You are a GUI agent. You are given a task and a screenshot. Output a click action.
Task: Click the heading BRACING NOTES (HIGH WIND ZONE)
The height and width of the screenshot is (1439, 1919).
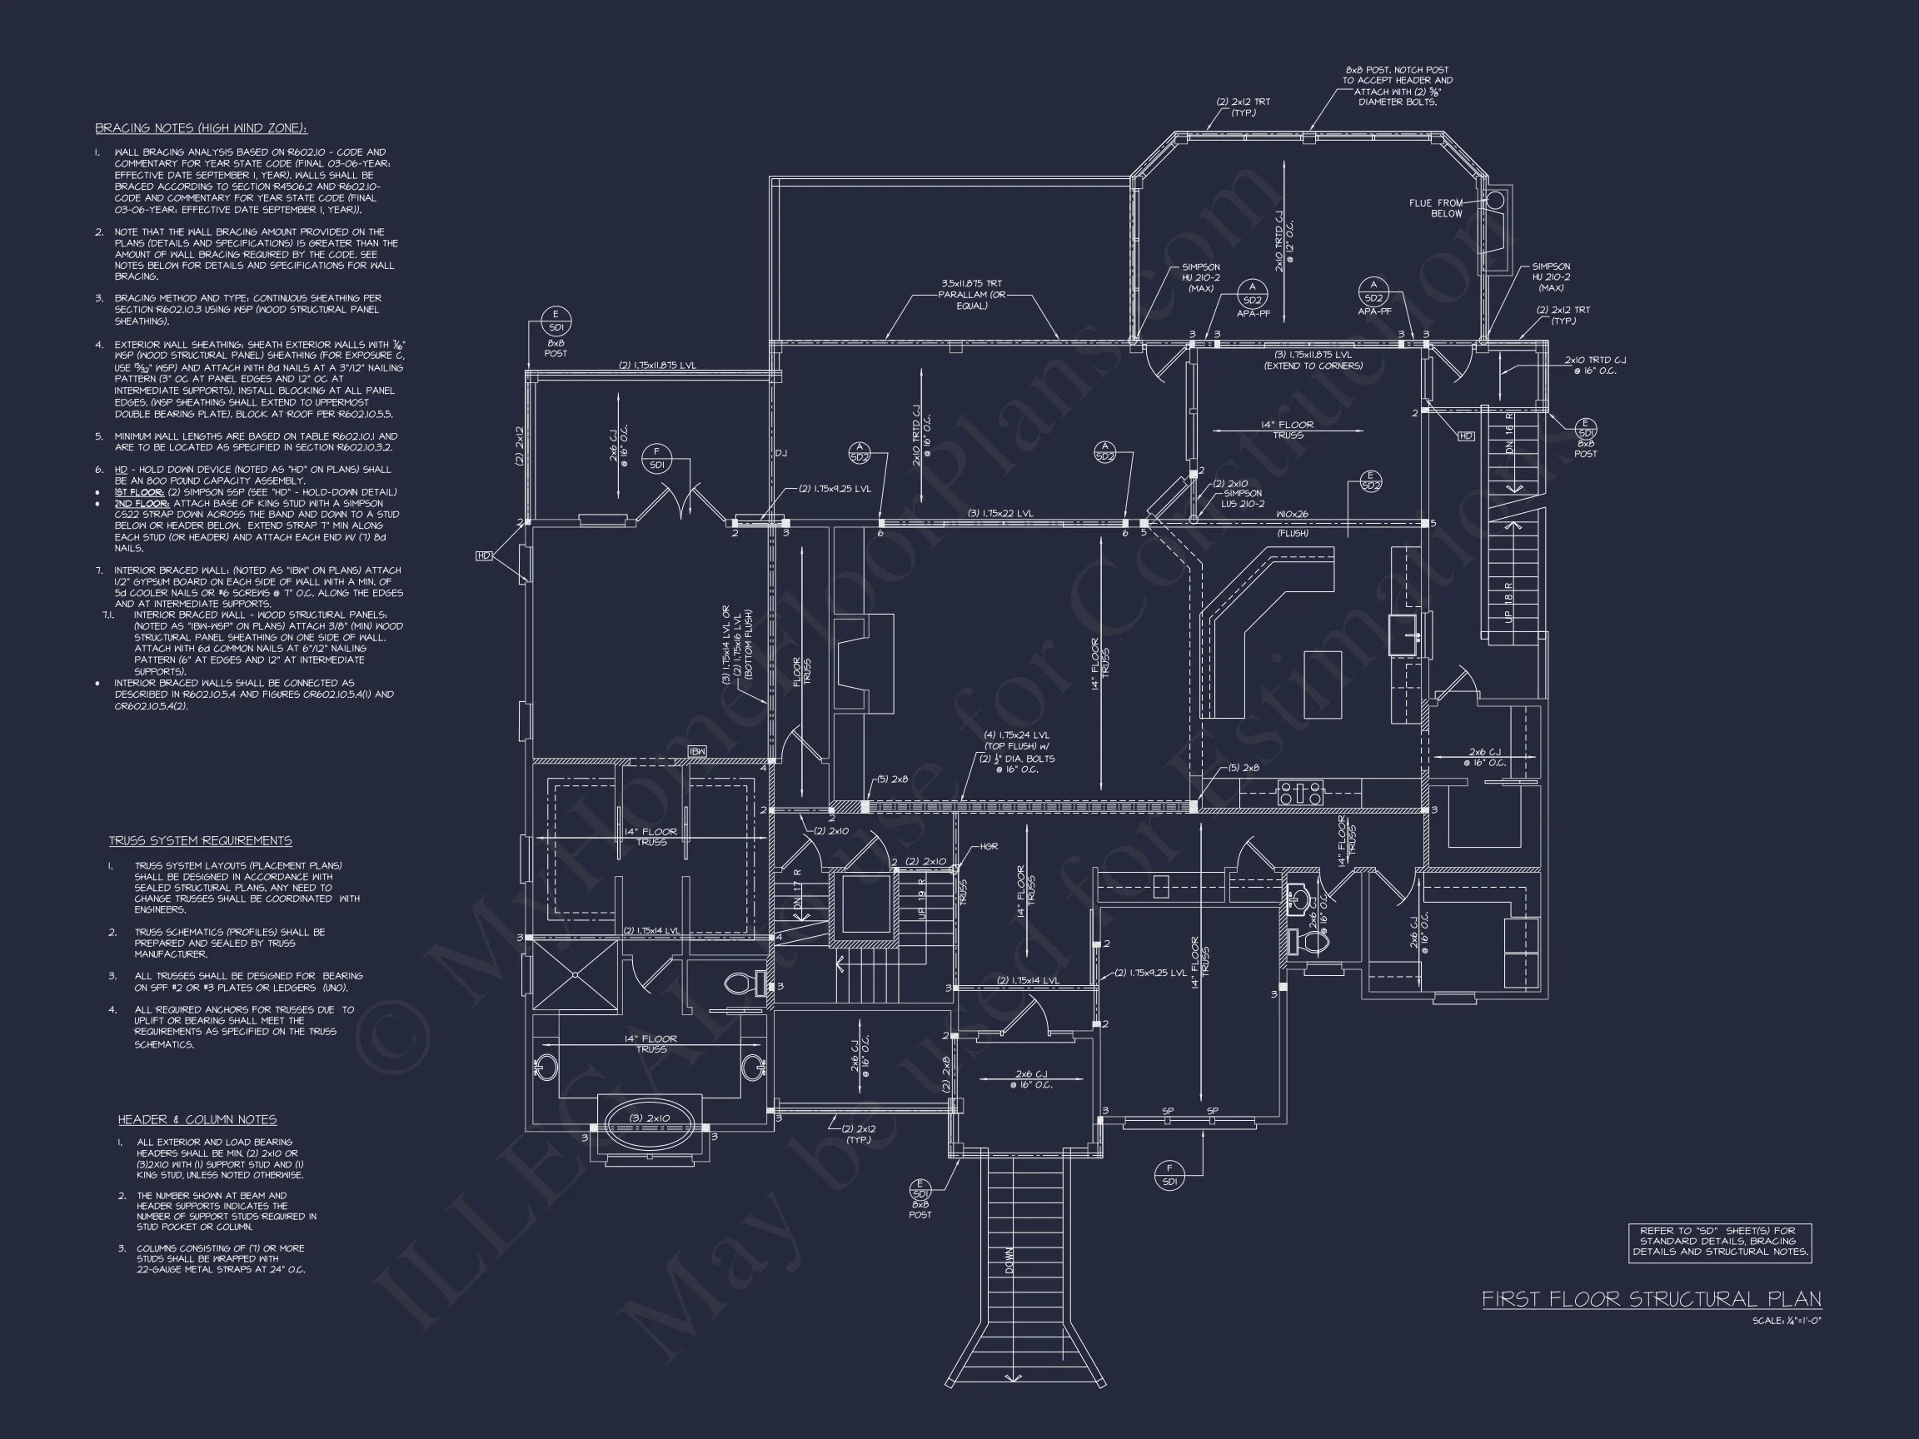202,128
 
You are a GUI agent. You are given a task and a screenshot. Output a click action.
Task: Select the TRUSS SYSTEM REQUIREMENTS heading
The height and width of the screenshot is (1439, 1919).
201,840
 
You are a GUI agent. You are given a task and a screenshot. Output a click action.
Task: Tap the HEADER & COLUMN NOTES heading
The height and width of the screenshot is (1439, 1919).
197,1120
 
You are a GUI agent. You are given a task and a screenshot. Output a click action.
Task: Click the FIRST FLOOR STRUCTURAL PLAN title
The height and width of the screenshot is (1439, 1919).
1651,1298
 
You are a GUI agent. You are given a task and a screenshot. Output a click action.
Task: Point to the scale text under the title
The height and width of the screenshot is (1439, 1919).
1787,1321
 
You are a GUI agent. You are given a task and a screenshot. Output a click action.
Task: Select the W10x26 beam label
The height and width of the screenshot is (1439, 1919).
1292,515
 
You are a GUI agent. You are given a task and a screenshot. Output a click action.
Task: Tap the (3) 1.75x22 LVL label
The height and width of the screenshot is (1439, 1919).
1000,514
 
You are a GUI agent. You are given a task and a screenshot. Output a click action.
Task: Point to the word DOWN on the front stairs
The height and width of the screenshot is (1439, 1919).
1009,1259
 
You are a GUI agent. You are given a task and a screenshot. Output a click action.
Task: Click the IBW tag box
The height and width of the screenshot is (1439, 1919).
696,751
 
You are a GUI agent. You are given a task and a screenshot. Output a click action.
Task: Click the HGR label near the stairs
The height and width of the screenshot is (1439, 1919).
989,847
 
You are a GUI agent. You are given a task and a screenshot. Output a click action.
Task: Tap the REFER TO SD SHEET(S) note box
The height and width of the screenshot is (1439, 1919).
1720,1242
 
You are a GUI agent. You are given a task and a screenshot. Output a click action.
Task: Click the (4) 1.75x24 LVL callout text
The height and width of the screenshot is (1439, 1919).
1017,752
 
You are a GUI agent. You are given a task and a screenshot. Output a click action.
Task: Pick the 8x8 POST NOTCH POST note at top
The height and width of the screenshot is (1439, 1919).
1397,86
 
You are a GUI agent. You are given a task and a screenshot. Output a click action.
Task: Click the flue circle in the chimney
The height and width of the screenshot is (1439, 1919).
1495,202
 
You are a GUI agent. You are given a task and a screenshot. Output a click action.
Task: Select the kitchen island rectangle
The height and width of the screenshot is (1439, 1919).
1322,684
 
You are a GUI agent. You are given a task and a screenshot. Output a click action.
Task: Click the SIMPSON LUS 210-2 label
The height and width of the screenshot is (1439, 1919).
1243,499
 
